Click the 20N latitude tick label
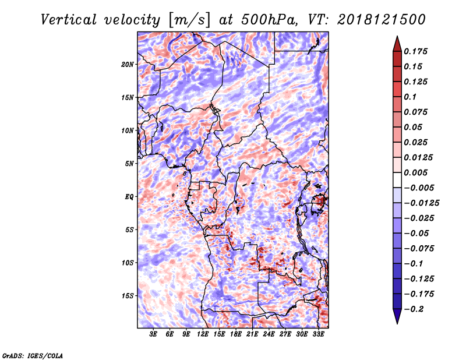pos(128,64)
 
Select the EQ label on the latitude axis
pos(129,197)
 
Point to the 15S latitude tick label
pos(128,296)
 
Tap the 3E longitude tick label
pos(153,334)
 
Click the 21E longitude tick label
pos(252,334)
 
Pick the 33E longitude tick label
pos(318,334)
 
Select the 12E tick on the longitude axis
pos(202,334)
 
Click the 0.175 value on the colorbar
pos(415,51)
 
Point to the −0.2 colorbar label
pos(414,309)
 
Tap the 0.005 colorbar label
pos(415,172)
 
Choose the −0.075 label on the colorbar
pos(419,249)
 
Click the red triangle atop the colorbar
pos(397,44)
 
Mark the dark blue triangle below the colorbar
pos(397,316)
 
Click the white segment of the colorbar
pos(397,180)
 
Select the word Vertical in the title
pos(69,20)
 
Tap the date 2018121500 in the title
pos(382,20)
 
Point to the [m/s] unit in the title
pos(189,20)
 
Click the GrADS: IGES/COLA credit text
pos(33,356)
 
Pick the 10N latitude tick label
pos(128,130)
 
